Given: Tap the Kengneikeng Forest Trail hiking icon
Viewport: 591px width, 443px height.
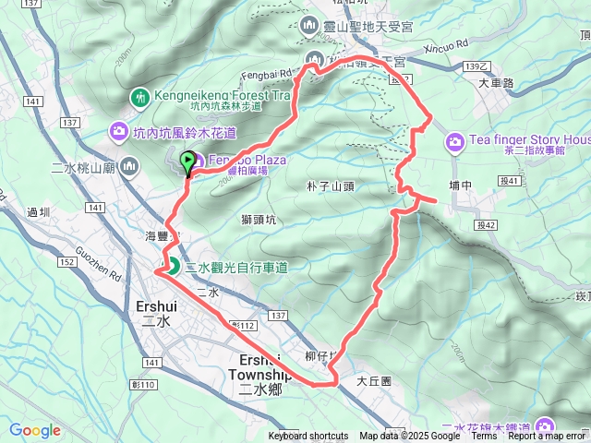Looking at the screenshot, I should pyautogui.click(x=139, y=96).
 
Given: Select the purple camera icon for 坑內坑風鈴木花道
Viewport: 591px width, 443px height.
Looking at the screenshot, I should pyautogui.click(x=118, y=132).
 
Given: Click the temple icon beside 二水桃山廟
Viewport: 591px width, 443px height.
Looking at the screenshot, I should pyautogui.click(x=128, y=168).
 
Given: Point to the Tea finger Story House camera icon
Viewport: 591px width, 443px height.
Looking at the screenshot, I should pyautogui.click(x=454, y=141).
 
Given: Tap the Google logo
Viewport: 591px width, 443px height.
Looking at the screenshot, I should pyautogui.click(x=35, y=430).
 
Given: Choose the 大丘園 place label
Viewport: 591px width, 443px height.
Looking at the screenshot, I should pyautogui.click(x=374, y=380).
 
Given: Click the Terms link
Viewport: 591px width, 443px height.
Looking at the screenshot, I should pyautogui.click(x=483, y=437).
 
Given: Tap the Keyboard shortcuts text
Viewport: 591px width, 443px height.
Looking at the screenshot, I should pyautogui.click(x=308, y=437).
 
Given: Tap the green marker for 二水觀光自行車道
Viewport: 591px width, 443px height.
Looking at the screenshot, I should pyautogui.click(x=173, y=268).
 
